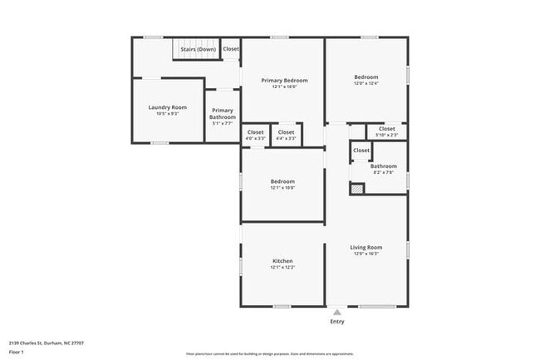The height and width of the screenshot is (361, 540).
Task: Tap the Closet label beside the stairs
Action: click(x=231, y=49)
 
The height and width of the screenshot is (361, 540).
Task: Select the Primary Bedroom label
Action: click(x=284, y=81)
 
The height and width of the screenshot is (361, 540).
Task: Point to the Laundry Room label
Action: click(x=167, y=107)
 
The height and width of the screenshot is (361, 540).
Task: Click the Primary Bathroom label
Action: click(x=222, y=114)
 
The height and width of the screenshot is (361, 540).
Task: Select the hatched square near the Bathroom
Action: click(x=356, y=189)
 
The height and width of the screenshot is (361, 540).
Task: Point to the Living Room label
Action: click(x=366, y=247)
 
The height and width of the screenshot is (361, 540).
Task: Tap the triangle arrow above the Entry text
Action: click(x=336, y=312)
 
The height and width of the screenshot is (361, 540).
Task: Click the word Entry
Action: click(x=336, y=321)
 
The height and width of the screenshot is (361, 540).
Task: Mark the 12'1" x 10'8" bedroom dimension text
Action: click(x=282, y=188)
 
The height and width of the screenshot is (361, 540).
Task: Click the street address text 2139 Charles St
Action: click(x=33, y=343)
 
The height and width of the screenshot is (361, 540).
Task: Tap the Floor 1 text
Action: click(x=17, y=352)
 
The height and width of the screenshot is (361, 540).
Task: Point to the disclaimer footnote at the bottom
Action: click(x=270, y=352)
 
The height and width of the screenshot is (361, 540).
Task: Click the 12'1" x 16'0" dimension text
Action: click(x=284, y=87)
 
